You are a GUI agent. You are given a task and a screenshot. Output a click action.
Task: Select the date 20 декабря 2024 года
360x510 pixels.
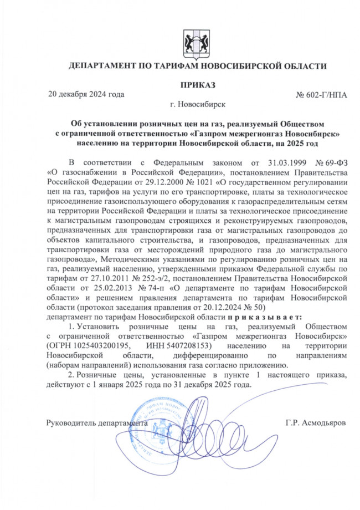point(86,94)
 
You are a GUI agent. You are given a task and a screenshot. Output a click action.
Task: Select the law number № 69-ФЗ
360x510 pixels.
point(331,162)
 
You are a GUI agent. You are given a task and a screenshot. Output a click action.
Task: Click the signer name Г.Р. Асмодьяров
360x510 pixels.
point(316,422)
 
